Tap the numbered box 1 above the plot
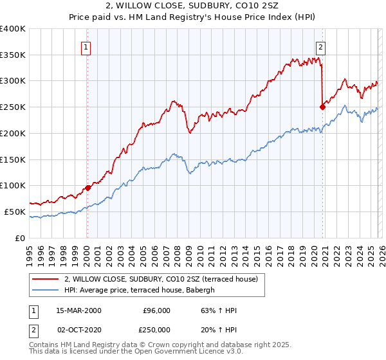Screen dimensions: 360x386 tap(86, 46)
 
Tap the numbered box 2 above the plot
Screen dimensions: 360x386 tap(320, 46)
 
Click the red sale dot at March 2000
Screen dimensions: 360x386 tap(88, 188)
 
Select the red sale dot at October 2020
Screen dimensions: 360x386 tap(322, 107)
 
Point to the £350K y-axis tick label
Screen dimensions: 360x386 tap(13, 55)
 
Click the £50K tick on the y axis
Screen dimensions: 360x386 tap(15, 212)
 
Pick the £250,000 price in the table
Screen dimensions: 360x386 tap(158, 329)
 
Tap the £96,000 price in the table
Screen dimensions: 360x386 tap(158, 310)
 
